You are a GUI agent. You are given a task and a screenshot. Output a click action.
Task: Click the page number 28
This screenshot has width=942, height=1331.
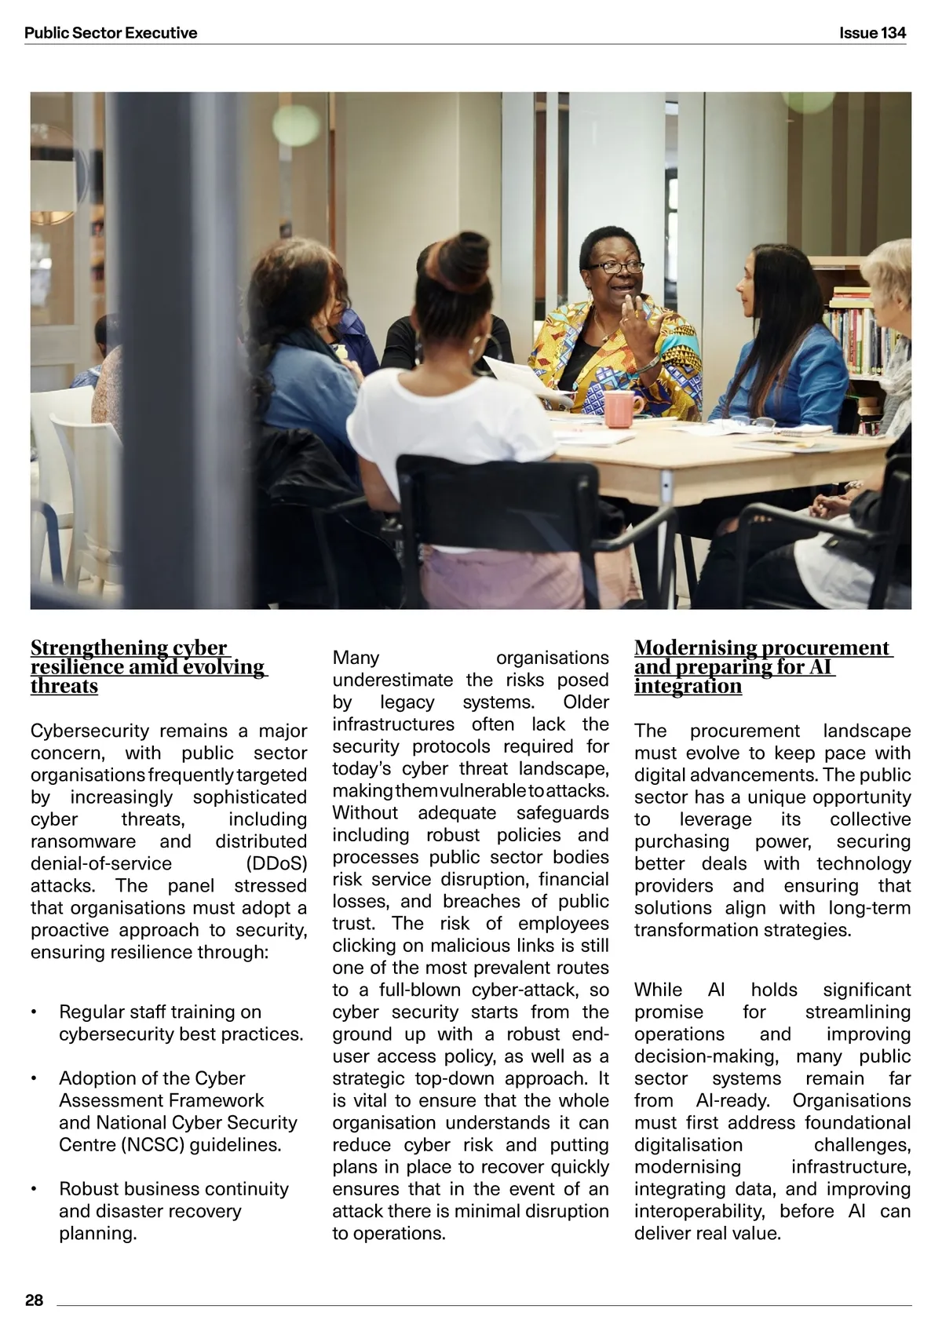35,1300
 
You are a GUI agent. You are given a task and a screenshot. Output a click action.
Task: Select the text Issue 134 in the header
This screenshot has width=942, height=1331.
872,33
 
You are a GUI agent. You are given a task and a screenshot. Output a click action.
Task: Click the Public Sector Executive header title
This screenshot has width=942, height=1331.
111,33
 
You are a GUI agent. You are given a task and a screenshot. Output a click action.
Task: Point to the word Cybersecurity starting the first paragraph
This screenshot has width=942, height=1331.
89,731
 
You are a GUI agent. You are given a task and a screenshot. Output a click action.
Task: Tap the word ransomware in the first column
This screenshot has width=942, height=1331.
82,841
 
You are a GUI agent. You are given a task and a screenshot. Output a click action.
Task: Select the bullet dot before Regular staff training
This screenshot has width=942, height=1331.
35,1012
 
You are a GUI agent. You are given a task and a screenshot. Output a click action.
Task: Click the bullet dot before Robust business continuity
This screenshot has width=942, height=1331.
35,1190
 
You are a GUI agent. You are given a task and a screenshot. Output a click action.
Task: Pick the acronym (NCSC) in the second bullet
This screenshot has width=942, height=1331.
152,1144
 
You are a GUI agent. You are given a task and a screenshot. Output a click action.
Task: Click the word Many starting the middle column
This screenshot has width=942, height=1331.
356,658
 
